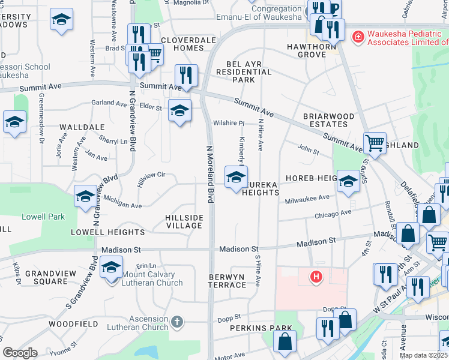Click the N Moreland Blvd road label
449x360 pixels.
click(x=210, y=173)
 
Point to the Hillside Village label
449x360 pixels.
click(x=184, y=221)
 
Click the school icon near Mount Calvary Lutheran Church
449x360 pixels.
click(x=111, y=268)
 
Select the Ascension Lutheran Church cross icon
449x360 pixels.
click(x=176, y=322)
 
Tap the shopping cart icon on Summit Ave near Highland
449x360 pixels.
click(x=375, y=143)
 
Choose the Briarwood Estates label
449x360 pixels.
click(x=325, y=120)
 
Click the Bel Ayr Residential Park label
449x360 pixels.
click(x=248, y=71)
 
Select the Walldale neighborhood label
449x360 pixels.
click(x=82, y=127)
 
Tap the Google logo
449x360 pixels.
click(x=20, y=353)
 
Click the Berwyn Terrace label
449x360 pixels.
click(x=228, y=280)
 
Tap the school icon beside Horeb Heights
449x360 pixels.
click(x=348, y=181)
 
